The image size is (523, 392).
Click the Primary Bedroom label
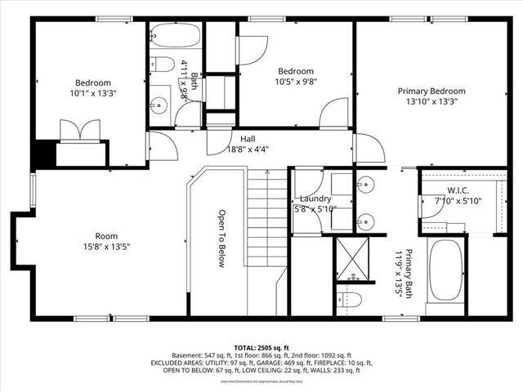[431, 91]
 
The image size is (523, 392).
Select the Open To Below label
[221, 238]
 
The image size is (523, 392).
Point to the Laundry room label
[315, 198]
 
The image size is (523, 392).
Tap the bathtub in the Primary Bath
[445, 276]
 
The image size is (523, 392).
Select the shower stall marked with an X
[352, 256]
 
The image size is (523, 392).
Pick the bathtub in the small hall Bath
[175, 36]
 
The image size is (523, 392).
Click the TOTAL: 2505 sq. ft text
[261, 346]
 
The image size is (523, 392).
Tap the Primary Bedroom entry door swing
[369, 149]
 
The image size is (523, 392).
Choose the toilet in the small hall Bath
[163, 64]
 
